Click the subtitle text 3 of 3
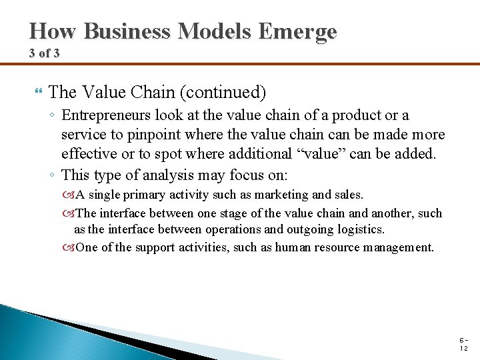point(44,53)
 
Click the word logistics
point(360,229)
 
